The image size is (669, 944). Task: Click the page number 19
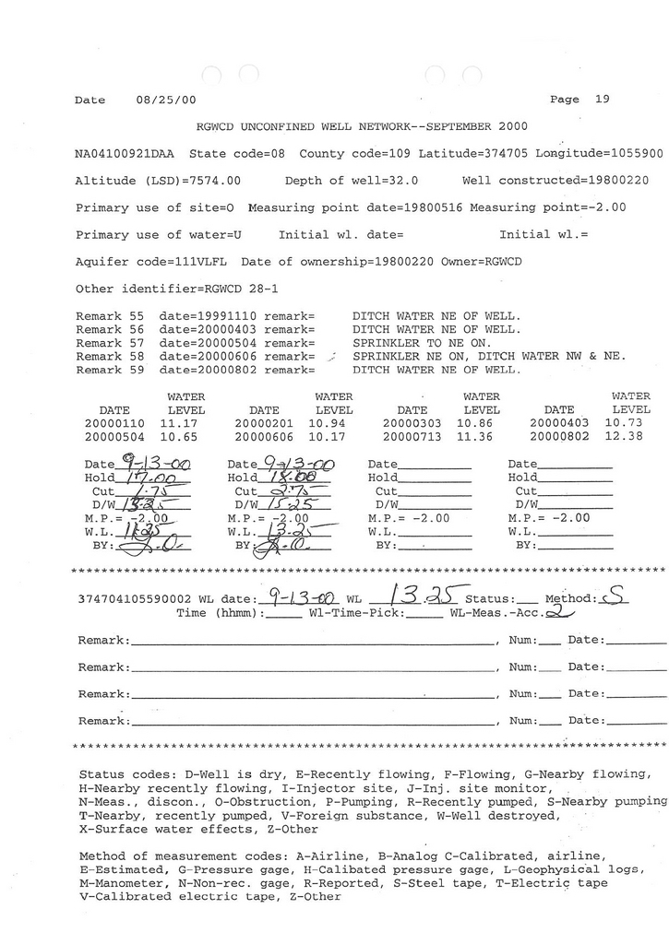[x=602, y=100]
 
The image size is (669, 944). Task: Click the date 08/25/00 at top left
[x=165, y=100]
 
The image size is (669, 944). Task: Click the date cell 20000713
[x=412, y=437]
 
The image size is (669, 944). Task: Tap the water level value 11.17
[x=179, y=422]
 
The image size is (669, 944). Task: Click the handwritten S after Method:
[x=615, y=598]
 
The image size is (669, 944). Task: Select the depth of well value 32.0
[x=401, y=181]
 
